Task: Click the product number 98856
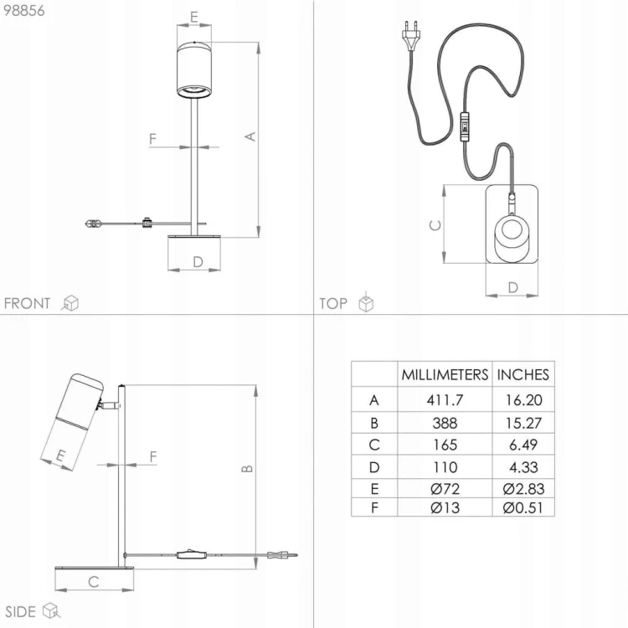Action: pos(24,10)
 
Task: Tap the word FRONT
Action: pos(28,303)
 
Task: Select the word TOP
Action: pos(332,303)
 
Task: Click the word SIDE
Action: pos(20,611)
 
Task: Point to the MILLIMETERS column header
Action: pos(445,375)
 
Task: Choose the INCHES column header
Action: pos(522,375)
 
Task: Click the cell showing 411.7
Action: pos(445,399)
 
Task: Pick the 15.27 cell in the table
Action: pos(523,423)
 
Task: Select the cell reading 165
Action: pos(445,445)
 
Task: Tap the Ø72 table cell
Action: pos(445,489)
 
